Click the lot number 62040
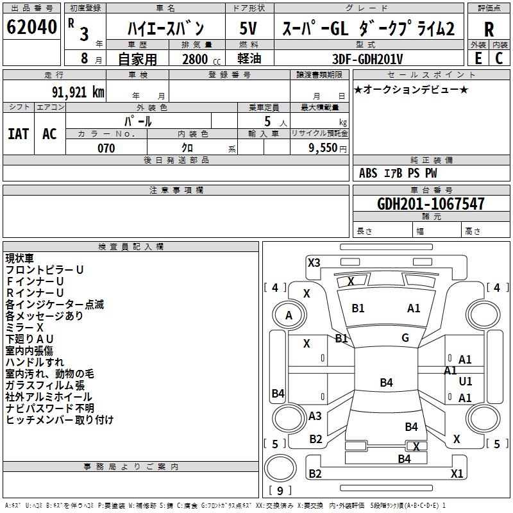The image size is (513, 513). click(31, 28)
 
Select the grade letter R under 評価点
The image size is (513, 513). click(489, 29)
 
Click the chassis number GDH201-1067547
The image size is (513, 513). click(431, 204)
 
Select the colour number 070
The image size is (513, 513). click(106, 148)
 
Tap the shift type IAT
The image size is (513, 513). click(18, 134)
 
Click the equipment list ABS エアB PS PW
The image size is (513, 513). click(398, 173)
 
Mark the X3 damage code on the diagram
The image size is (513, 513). click(314, 262)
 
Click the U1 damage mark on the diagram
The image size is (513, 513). click(466, 382)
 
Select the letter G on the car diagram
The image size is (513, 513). click(405, 338)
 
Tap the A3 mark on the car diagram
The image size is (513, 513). click(315, 416)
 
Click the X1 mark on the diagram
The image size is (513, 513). click(457, 474)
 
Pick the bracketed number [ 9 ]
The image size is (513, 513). click(280, 491)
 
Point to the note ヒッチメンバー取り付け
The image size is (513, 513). click(60, 420)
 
